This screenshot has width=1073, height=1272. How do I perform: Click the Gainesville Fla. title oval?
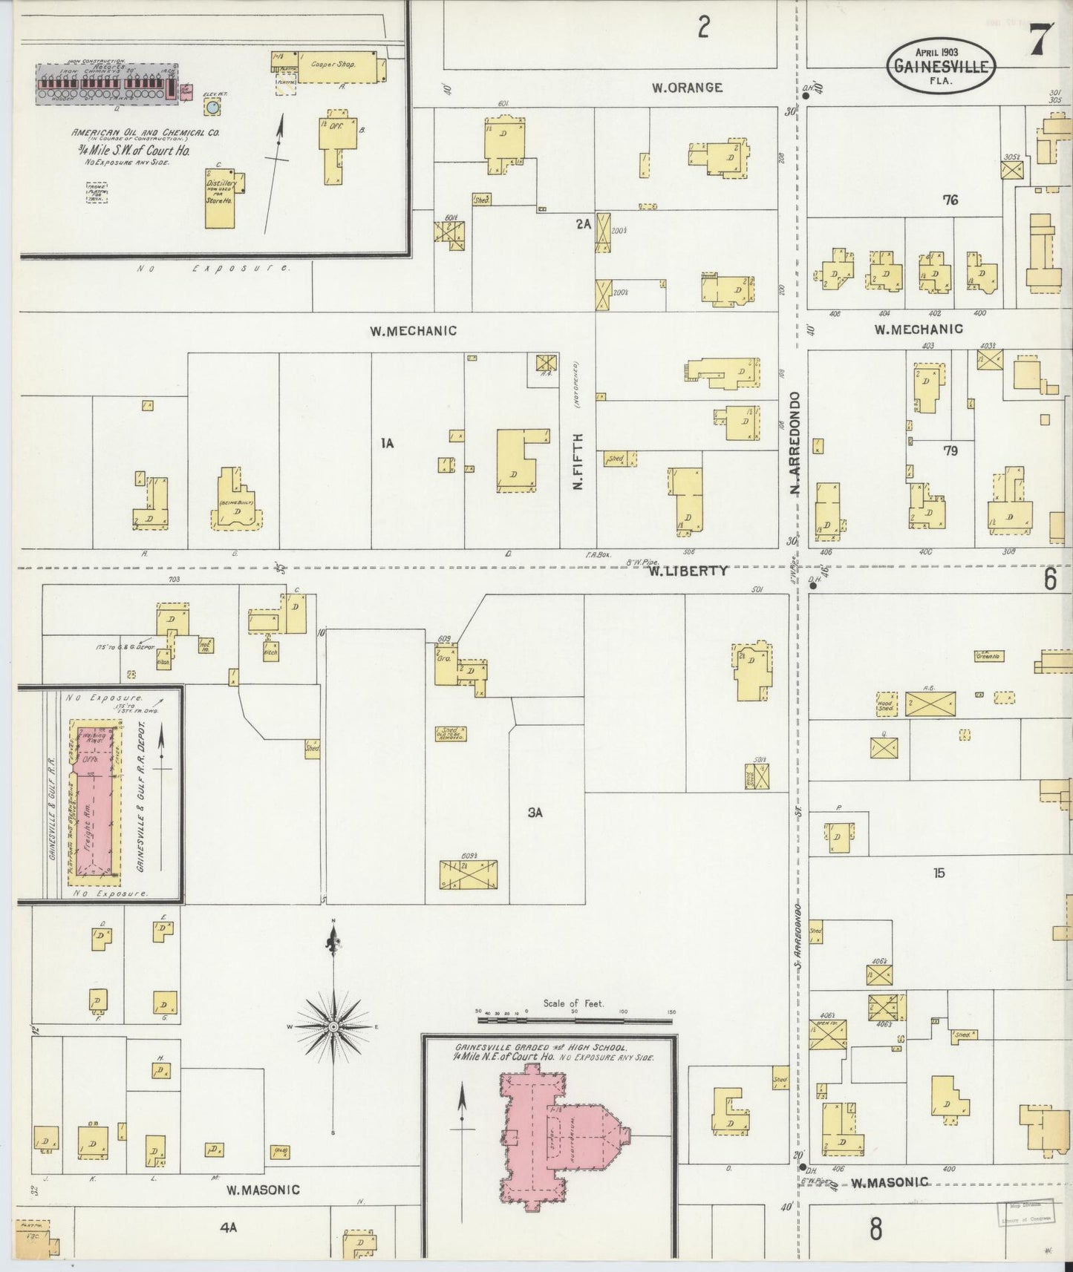(x=940, y=65)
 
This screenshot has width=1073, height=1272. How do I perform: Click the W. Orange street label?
(x=687, y=88)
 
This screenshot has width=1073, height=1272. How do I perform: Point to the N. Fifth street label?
(x=578, y=461)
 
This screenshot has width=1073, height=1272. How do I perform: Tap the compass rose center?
(x=333, y=1026)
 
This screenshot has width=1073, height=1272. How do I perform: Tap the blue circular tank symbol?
(x=213, y=108)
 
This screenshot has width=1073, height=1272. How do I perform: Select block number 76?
(x=950, y=200)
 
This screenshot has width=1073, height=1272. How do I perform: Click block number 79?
(x=950, y=450)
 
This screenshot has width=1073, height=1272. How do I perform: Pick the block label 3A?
(x=535, y=813)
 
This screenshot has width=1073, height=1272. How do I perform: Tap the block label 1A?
(x=386, y=444)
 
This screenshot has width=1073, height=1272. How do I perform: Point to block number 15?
(x=939, y=873)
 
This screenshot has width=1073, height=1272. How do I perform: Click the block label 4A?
(x=228, y=1227)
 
